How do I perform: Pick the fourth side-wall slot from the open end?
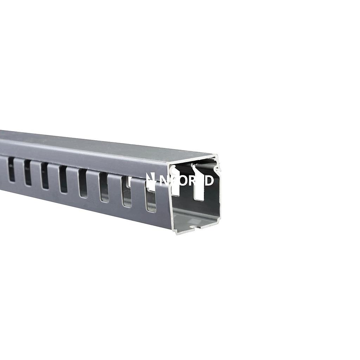[x=83, y=184]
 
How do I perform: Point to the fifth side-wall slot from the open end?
[x=63, y=179]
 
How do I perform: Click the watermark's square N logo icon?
[x=150, y=180]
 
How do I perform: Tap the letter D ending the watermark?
[x=209, y=180]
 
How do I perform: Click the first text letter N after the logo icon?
[x=164, y=180]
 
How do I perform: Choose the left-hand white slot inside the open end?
[x=176, y=185]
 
